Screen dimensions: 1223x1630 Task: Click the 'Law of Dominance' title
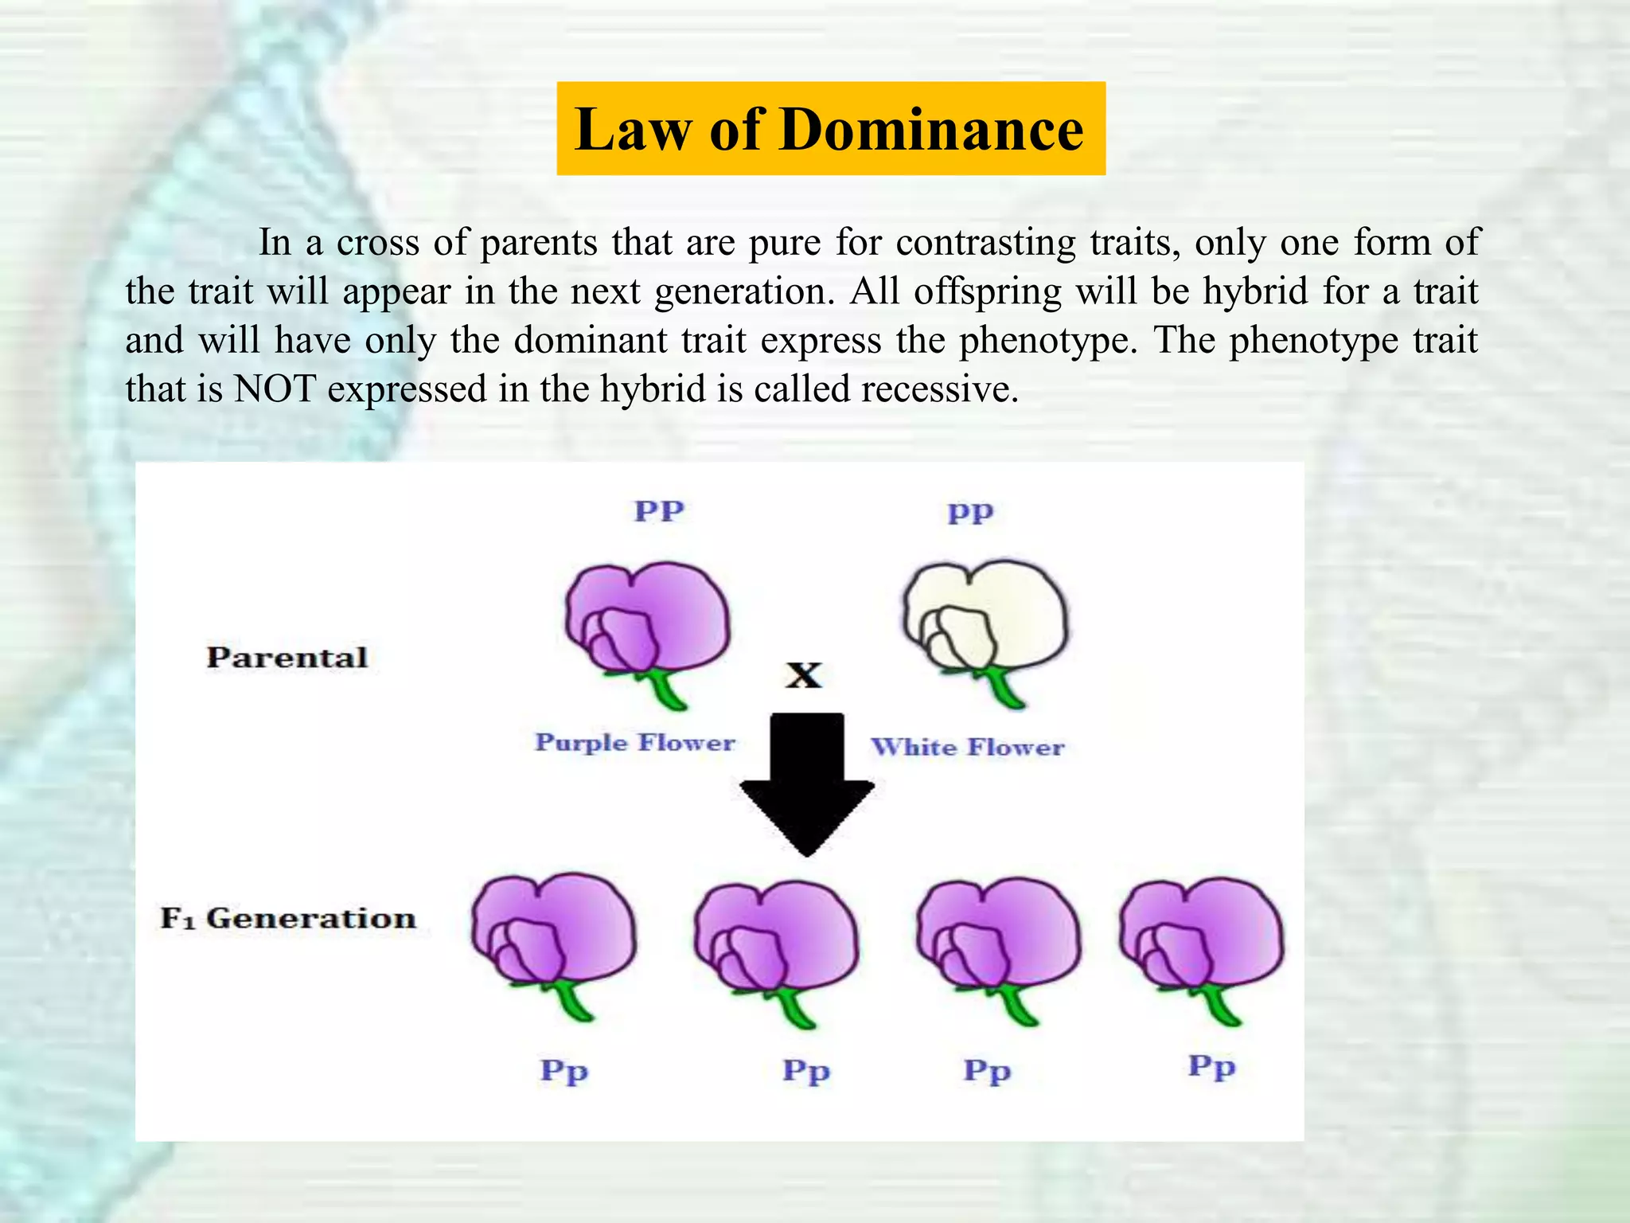point(830,129)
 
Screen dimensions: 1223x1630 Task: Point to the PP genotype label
point(659,510)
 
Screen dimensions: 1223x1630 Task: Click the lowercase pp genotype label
point(970,512)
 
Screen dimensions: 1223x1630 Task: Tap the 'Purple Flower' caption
point(634,742)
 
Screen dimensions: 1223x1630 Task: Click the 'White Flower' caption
point(967,747)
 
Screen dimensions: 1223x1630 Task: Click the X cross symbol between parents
point(804,675)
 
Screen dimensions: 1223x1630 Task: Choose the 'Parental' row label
point(287,657)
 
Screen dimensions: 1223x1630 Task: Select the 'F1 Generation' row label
point(288,918)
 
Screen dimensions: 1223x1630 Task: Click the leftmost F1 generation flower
point(553,932)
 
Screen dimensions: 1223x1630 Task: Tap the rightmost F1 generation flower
point(1202,936)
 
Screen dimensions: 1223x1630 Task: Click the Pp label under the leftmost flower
point(564,1071)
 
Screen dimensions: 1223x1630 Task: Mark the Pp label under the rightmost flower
point(1211,1066)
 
